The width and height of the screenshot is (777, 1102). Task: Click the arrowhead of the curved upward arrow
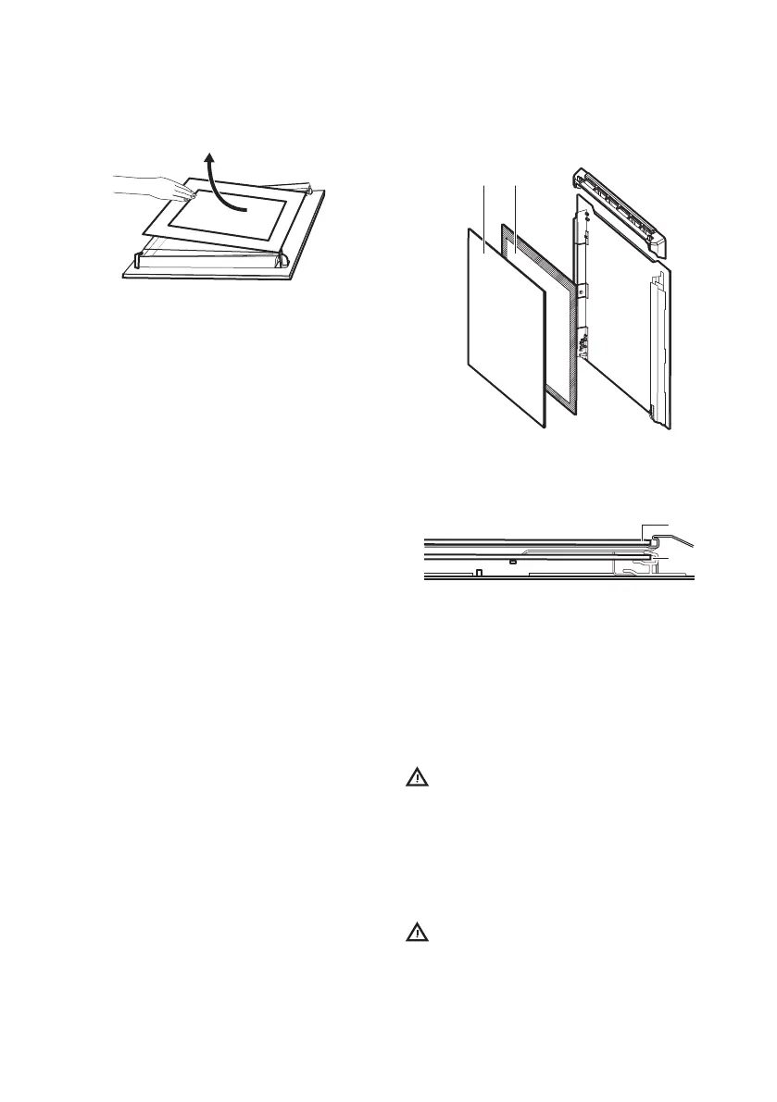click(x=212, y=161)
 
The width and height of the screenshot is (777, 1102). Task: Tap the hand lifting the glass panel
click(x=153, y=188)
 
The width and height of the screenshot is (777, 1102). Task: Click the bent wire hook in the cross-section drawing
click(x=681, y=538)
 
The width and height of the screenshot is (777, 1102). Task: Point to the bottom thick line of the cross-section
click(x=556, y=578)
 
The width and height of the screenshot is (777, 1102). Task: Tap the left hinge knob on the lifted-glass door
click(x=140, y=258)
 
